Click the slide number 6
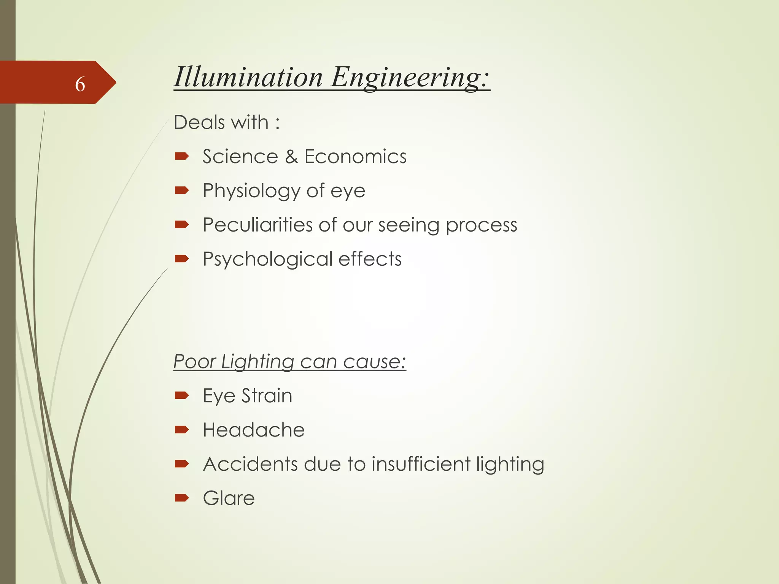(x=80, y=84)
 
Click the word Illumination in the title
(x=248, y=77)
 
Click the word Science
(x=240, y=157)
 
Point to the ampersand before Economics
(x=291, y=157)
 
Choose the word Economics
(x=355, y=157)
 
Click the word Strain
(x=267, y=396)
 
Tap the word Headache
(x=254, y=430)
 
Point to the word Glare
(x=229, y=498)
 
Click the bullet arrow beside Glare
(x=182, y=498)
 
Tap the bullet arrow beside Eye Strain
(x=182, y=395)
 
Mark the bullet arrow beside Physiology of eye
(x=182, y=190)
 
